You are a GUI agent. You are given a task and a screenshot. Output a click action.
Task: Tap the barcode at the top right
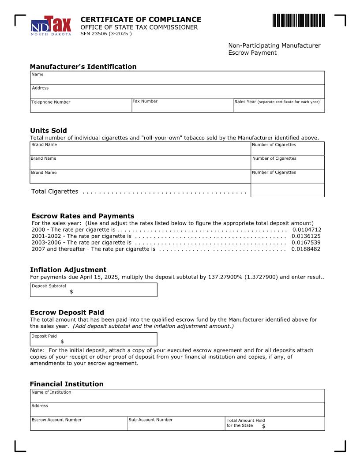298,21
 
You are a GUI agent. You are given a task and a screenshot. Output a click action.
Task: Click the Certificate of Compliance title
141,19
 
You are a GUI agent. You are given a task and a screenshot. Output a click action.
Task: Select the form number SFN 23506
106,34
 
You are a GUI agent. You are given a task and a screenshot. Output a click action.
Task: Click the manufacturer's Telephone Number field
81,107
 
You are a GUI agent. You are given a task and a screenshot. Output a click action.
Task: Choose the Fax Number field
182,107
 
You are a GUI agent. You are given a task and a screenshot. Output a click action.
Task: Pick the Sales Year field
279,107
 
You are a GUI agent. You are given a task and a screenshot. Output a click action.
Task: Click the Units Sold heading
49,131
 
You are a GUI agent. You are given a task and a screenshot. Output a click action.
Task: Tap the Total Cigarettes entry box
287,190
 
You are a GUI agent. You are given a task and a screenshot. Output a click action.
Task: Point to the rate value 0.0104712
307,230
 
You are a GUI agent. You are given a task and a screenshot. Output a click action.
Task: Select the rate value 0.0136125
306,236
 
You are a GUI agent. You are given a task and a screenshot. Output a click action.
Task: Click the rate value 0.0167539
306,243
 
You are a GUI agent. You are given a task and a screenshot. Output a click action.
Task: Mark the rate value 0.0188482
306,249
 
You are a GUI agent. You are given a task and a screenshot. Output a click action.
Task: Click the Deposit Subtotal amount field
112,292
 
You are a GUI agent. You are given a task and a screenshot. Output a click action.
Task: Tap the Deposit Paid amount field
108,341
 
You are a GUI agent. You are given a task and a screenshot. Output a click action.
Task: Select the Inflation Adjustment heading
68,270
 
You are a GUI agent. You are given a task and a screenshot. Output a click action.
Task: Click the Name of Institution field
177,397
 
